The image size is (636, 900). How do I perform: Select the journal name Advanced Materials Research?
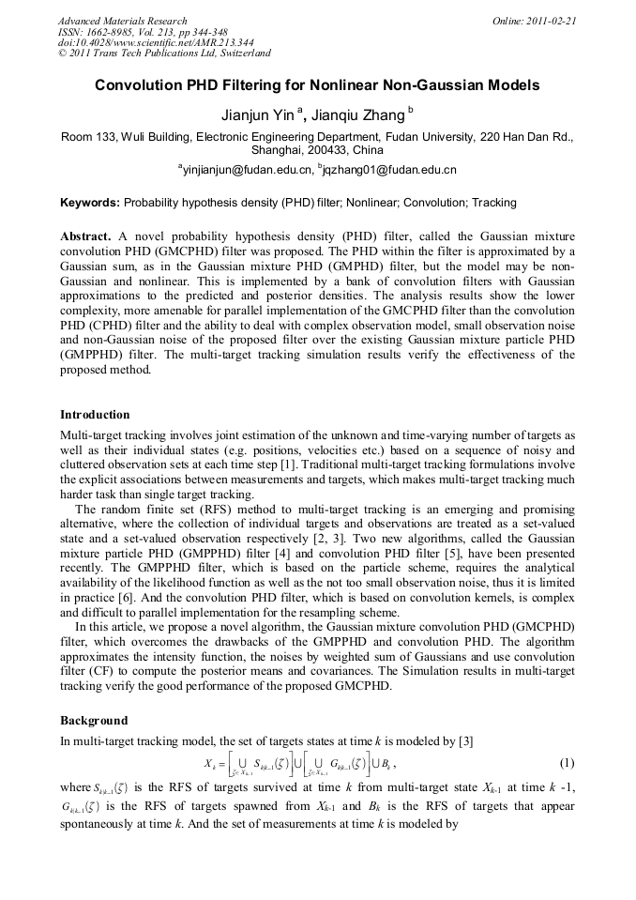(123, 21)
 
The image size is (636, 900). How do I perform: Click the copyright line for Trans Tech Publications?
(164, 53)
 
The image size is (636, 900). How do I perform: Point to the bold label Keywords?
(90, 202)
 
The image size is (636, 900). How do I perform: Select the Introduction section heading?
(95, 414)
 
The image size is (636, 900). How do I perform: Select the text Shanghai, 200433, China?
(317, 150)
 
